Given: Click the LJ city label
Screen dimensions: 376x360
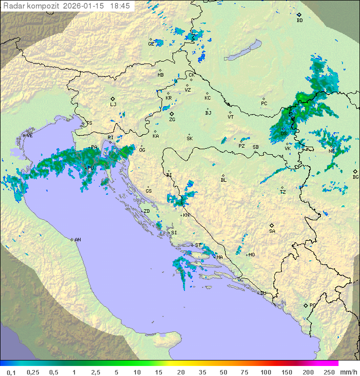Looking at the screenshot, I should coord(113,105).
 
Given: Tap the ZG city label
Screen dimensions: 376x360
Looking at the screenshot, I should coord(172,120).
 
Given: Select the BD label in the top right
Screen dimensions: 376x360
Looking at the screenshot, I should coord(299,21).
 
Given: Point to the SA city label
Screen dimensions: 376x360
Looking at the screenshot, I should coord(272,231).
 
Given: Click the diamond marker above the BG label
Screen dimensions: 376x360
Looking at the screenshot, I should coord(355,171).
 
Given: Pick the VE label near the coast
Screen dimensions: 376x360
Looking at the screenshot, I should coord(29,136).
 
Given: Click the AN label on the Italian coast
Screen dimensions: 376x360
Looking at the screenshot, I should coord(77,240).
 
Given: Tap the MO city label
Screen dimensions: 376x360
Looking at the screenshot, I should coord(251,255).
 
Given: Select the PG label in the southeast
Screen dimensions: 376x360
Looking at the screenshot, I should coord(312,305).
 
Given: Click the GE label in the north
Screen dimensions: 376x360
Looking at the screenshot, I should coord(150,44).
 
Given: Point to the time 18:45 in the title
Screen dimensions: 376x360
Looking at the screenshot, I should coord(119,6).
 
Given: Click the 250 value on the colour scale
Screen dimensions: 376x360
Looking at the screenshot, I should coord(329,372).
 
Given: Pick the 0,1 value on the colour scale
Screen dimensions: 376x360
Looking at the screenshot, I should coord(12,372).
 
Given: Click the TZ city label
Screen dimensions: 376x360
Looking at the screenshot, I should coord(282,192).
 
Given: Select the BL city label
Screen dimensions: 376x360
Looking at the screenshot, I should coord(223,180).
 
